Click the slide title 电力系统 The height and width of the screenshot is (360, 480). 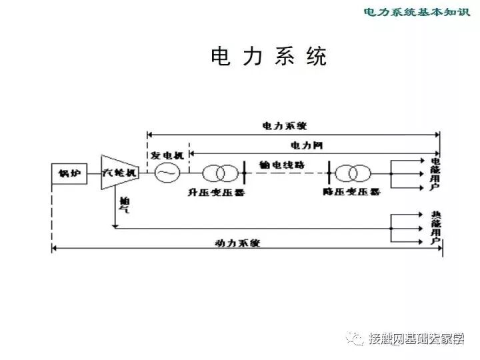coord(269,57)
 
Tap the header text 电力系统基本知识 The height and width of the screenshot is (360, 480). coord(416,11)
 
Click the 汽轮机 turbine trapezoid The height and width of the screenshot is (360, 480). coord(120,172)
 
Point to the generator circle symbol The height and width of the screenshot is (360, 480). coord(167,173)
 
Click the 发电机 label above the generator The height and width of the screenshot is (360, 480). coord(167,155)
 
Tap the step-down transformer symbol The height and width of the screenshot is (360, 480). coord(352,173)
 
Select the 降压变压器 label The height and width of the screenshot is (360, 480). coord(351,192)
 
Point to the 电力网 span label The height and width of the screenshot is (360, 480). coord(307,144)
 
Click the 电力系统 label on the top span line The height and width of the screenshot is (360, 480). coord(285,125)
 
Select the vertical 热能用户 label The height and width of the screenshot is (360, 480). coord(435,228)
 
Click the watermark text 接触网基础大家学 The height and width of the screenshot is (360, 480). coord(416,339)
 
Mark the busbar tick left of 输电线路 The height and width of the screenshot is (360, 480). coord(245,173)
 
